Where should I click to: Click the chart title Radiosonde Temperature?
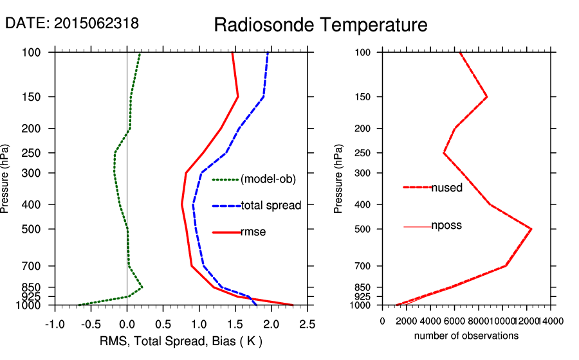point(320,25)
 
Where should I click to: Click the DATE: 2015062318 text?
point(71,24)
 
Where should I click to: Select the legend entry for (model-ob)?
point(268,179)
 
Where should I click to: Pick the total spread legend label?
point(271,206)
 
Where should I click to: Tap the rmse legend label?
point(253,232)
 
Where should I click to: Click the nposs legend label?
point(446,226)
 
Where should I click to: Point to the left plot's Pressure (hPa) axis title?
point(6,178)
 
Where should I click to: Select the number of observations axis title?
point(466,336)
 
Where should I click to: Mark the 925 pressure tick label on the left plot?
point(32,296)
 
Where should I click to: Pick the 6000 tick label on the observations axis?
point(454,321)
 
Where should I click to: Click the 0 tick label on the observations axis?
point(383,321)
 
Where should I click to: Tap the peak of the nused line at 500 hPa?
point(531,229)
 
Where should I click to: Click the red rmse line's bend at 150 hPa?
point(238,97)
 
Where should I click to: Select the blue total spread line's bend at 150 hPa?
point(264,97)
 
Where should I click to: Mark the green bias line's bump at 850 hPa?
point(142,287)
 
